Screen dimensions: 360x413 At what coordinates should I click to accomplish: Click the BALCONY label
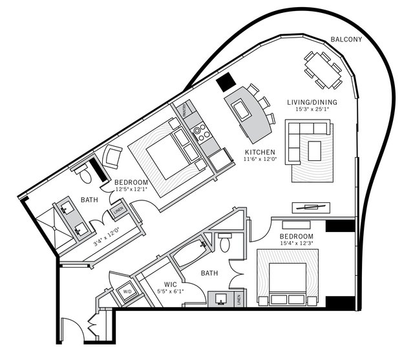(x=346, y=39)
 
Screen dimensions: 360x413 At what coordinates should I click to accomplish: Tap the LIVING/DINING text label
(x=313, y=101)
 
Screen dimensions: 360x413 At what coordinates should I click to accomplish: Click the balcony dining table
(x=323, y=67)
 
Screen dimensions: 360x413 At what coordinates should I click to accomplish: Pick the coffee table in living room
(x=314, y=151)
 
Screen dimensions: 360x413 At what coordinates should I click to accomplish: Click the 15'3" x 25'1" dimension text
(x=313, y=110)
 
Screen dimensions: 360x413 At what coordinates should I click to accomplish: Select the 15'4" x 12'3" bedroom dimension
(x=297, y=244)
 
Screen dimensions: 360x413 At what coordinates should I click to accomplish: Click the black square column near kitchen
(x=224, y=82)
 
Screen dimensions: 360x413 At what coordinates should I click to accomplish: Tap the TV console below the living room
(x=312, y=207)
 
